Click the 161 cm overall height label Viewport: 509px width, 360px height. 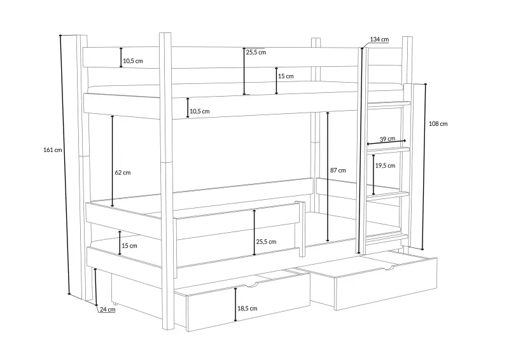(53, 150)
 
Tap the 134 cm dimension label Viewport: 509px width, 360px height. (379, 39)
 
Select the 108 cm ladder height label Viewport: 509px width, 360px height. (438, 123)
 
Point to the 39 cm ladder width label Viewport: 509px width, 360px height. (387, 139)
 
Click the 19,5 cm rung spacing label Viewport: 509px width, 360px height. (386, 165)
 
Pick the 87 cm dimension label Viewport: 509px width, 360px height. (338, 170)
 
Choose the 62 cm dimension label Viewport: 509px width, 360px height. (123, 172)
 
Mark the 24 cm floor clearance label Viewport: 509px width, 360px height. (108, 309)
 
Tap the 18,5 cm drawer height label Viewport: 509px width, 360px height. (248, 308)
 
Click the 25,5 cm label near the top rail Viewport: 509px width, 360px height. (256, 52)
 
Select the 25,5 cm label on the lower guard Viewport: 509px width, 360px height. (266, 242)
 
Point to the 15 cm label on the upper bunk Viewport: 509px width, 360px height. (286, 76)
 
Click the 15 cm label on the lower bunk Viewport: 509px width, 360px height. (129, 246)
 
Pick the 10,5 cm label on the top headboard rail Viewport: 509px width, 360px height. (133, 60)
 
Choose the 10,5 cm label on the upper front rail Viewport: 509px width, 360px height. (200, 111)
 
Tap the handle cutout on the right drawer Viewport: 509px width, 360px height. (390, 268)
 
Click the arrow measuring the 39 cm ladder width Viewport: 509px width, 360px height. (386, 142)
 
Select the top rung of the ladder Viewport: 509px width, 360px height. (389, 105)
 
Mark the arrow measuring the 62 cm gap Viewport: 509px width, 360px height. (113, 161)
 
